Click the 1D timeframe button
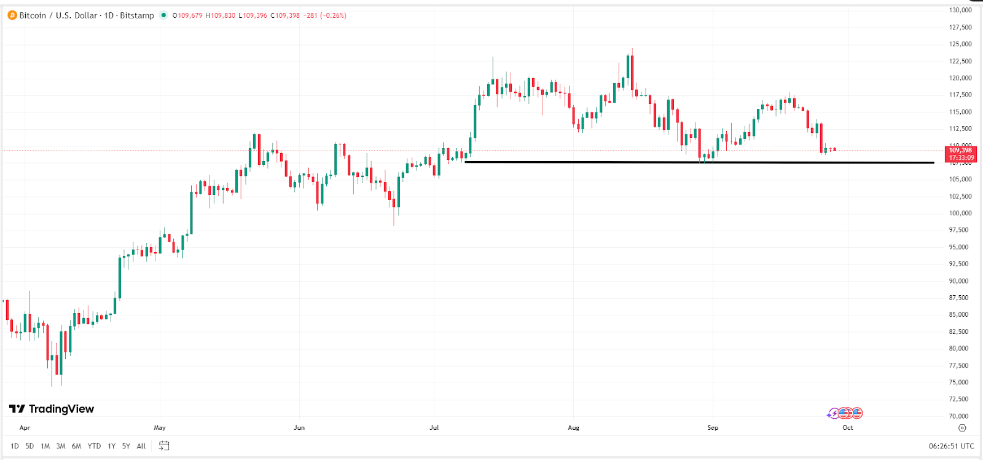tap(15, 446)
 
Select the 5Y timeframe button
tap(126, 446)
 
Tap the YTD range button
tap(94, 446)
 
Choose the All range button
tap(141, 446)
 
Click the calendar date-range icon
tap(164, 446)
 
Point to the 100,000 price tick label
tap(960, 213)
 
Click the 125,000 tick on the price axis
tap(960, 44)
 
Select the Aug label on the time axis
tap(573, 427)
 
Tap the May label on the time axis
tap(160, 427)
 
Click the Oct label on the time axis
tap(848, 427)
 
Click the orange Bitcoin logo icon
tap(12, 15)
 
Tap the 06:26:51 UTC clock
tap(951, 446)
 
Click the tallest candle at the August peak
tap(632, 71)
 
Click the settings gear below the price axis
tap(962, 427)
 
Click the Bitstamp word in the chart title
tap(137, 15)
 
